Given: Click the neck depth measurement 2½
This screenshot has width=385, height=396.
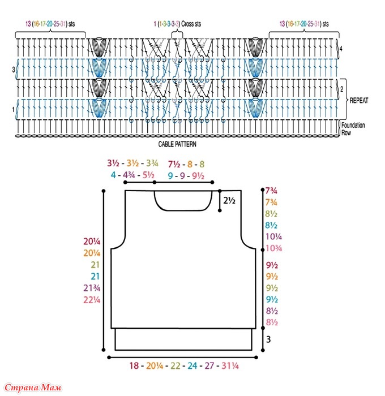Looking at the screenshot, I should (229, 200).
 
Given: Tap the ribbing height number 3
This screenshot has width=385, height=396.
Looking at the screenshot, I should (269, 339).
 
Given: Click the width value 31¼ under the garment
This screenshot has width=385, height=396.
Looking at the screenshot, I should (229, 366).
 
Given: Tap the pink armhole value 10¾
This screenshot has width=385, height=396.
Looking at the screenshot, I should (273, 248).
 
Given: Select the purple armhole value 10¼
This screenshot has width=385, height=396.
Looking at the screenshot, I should (273, 237).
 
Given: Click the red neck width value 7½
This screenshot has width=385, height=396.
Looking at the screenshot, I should (174, 164).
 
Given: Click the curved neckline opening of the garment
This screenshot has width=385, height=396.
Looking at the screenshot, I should (183, 201).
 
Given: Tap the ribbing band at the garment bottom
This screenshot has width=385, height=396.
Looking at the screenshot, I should (182, 339).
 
